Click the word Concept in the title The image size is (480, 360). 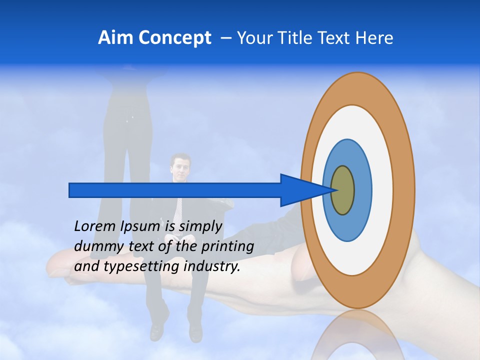[175, 38]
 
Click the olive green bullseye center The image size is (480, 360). [343, 190]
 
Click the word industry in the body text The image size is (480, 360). [212, 266]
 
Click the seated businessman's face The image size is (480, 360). [180, 167]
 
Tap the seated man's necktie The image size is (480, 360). [179, 210]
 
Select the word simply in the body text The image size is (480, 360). [199, 226]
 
